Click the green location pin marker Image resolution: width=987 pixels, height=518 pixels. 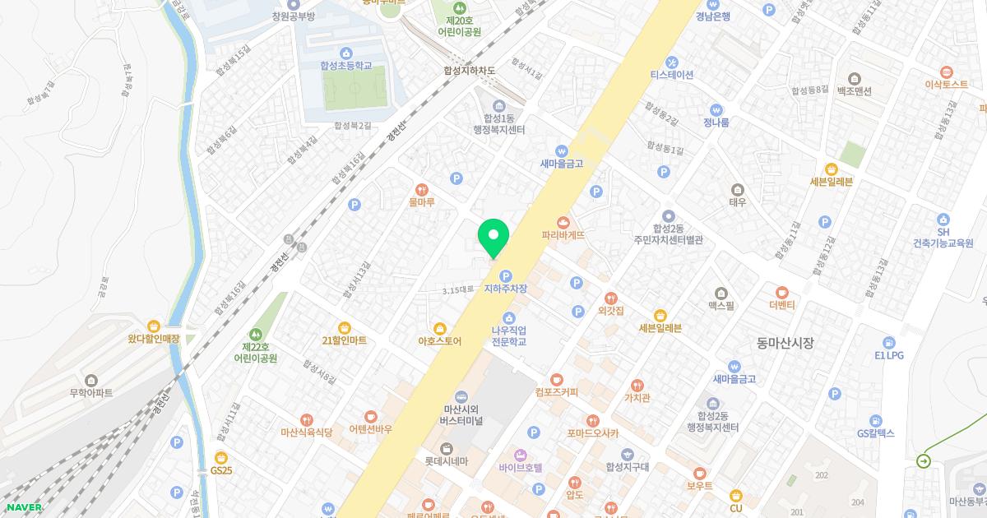[493, 237]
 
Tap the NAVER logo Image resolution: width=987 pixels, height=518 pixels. [24, 506]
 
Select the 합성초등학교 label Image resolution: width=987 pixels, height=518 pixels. [346, 66]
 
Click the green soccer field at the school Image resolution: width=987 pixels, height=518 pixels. [354, 88]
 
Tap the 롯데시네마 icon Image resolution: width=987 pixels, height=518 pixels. [447, 448]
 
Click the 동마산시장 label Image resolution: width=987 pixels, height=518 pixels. [785, 343]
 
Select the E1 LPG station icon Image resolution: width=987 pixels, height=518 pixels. [889, 342]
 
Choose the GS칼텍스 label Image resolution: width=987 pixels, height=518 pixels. [875, 432]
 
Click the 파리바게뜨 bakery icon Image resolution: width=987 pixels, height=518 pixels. [563, 222]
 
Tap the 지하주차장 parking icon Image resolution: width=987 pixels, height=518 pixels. [506, 275]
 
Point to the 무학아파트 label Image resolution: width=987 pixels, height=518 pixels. [90, 392]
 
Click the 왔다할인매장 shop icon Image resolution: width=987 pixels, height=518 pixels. [154, 326]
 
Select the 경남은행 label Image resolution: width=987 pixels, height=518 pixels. [712, 16]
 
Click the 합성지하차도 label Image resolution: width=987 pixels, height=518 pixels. [469, 71]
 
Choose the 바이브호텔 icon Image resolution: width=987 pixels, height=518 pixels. [520, 455]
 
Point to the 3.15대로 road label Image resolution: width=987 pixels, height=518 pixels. [458, 289]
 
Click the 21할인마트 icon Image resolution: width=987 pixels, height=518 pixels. [344, 327]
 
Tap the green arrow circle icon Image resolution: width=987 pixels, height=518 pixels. [924, 461]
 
